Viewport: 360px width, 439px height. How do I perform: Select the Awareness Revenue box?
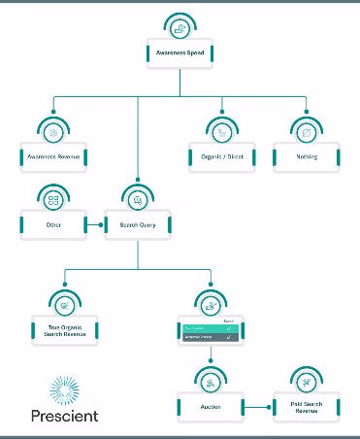coord(52,154)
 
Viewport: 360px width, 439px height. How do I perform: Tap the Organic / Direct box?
coord(221,154)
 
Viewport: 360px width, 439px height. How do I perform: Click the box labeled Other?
coord(53,225)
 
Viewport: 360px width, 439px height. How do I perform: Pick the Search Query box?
coord(138,225)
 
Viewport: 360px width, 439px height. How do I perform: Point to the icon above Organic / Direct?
coord(221,129)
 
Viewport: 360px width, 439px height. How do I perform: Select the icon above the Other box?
coord(53,199)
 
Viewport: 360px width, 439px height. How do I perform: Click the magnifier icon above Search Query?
coord(138,199)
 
